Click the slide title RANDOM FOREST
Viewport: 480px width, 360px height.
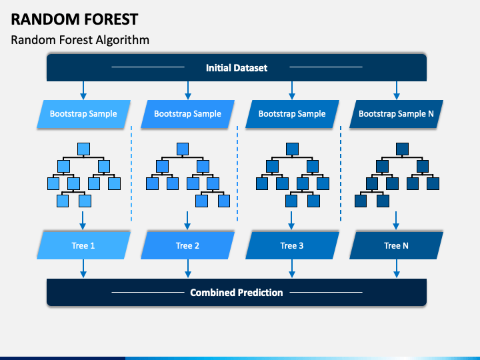tap(75, 19)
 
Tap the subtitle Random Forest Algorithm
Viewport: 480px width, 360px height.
tap(80, 40)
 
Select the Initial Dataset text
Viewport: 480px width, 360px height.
tap(236, 67)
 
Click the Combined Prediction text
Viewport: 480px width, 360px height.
tap(236, 293)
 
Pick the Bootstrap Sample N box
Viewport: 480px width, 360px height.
tap(396, 114)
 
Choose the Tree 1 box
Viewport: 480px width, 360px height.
tap(83, 245)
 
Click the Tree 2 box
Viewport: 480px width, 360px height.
tap(187, 245)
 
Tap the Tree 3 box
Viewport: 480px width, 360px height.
tap(292, 245)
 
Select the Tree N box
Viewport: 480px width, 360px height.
tap(396, 245)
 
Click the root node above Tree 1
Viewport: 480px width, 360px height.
tap(83, 149)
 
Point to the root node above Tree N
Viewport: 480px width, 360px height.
tap(402, 149)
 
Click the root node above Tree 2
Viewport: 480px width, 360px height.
tap(183, 149)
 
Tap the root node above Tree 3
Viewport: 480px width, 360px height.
tap(292, 149)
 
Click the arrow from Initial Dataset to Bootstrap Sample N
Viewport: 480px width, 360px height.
tap(397, 90)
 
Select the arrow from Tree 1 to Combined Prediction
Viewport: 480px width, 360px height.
tap(83, 269)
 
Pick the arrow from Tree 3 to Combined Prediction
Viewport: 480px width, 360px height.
tap(292, 269)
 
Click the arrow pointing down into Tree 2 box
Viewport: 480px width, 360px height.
tap(187, 221)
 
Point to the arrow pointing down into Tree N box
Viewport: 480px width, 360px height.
tap(396, 221)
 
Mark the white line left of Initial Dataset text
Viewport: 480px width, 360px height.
tap(148, 67)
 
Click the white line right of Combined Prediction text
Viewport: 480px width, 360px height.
tap(326, 293)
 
